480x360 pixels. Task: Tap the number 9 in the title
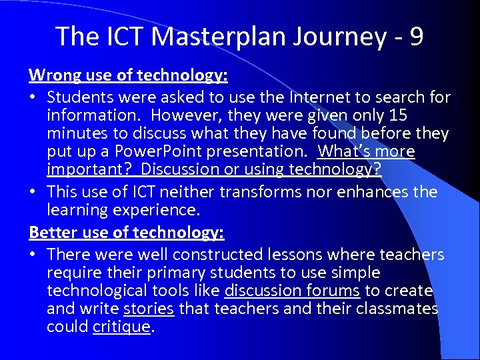417,36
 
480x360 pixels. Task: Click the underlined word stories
149,309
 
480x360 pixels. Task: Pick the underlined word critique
122,327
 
